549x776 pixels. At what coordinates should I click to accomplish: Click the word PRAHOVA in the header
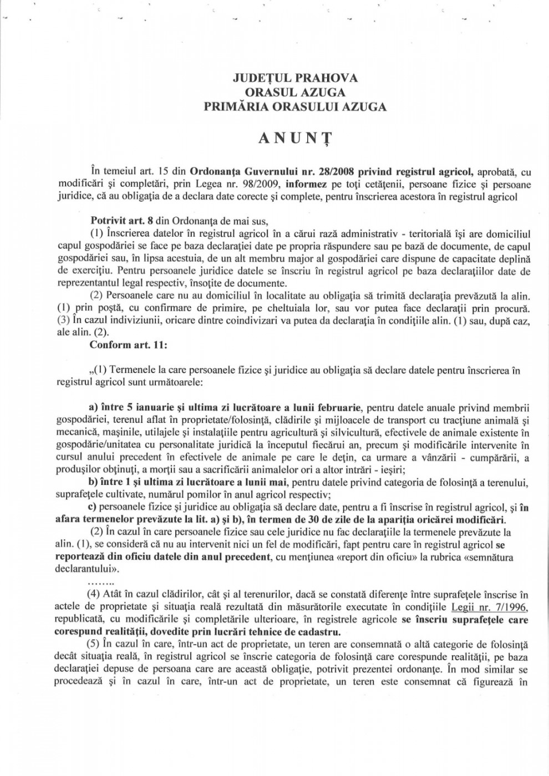323,78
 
